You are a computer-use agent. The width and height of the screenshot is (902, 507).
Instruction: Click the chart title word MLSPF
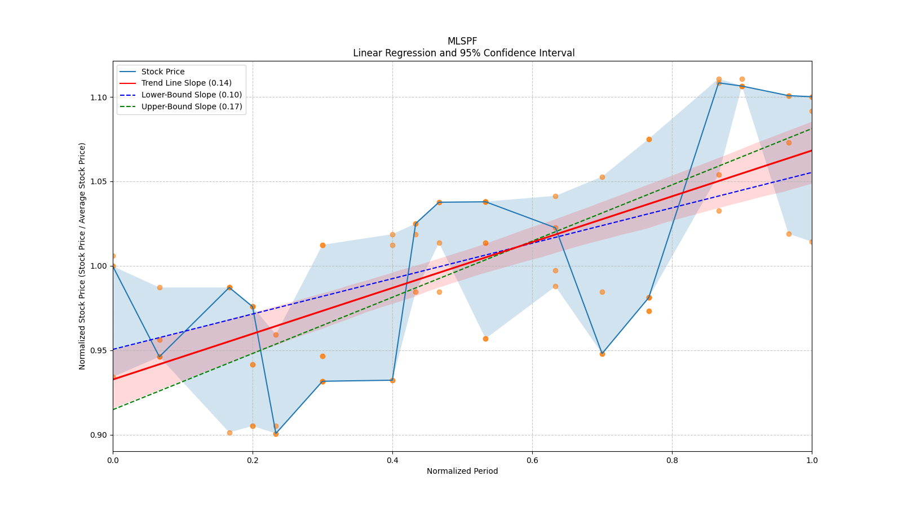462,41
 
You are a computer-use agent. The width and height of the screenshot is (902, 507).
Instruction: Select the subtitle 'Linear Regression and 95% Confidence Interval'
463,53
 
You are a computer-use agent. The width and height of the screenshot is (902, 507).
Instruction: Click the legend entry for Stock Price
163,72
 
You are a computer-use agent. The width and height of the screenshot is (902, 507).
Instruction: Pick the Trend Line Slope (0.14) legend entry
186,83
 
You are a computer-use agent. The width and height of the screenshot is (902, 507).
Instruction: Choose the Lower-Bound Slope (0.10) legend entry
191,95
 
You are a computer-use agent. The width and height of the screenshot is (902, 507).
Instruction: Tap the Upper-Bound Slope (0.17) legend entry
192,106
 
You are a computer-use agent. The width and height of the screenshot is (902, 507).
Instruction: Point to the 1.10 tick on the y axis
99,97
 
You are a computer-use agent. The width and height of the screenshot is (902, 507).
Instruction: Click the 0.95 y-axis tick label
99,350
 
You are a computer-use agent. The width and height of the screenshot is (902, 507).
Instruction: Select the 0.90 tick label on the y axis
99,435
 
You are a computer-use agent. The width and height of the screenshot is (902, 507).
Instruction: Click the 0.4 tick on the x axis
392,460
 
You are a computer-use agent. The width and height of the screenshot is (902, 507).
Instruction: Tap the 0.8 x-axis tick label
672,460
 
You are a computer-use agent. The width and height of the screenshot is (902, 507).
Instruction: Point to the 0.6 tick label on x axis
532,460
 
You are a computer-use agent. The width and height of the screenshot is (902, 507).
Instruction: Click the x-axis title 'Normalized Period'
462,471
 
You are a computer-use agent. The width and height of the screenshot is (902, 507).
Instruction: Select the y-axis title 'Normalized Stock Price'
82,256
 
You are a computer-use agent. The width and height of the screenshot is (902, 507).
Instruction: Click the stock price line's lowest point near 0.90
276,434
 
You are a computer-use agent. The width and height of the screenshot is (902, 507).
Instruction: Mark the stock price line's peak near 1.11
719,82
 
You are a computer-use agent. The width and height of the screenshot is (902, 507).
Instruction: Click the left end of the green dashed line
113,410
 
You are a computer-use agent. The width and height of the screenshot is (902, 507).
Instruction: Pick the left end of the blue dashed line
113,349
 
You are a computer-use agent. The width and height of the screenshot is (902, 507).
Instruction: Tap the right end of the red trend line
811,150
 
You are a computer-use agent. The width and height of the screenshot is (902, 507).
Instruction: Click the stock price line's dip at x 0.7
602,354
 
